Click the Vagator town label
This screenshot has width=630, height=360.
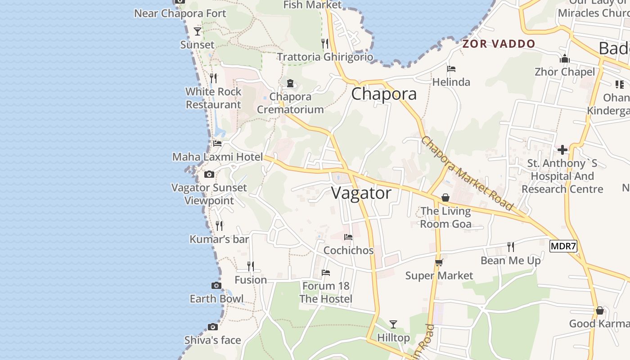(361, 193)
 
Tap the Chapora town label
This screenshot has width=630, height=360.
(384, 94)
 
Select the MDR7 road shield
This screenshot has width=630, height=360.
(563, 247)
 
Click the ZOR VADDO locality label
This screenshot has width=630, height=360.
(499, 44)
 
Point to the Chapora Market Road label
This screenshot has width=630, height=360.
(467, 173)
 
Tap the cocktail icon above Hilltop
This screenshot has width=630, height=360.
(393, 324)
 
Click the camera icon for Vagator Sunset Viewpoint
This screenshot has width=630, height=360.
(209, 174)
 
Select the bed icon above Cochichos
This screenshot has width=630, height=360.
(348, 237)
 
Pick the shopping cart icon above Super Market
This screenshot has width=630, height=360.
(439, 262)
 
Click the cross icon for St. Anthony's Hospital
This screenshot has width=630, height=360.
(562, 149)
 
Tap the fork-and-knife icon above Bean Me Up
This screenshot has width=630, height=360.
(511, 247)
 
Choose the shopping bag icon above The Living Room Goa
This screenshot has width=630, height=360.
(445, 197)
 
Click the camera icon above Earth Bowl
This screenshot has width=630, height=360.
(216, 285)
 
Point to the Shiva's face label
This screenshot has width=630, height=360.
(213, 340)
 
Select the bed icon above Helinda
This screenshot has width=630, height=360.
(451, 69)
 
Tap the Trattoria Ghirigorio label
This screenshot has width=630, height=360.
(325, 57)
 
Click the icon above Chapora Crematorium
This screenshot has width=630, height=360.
(290, 83)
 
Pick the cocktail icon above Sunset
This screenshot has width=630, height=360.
(197, 31)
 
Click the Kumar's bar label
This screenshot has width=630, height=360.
(219, 239)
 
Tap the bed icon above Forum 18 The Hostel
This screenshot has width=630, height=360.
(326, 273)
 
